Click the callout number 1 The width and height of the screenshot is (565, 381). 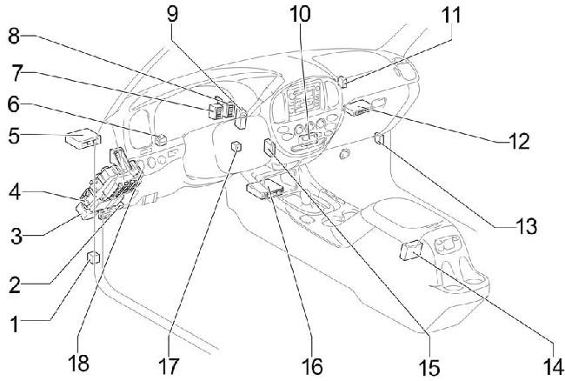(14, 324)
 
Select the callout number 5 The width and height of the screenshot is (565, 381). (14, 137)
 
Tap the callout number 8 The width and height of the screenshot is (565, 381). (14, 37)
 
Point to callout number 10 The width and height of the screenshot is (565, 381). (300, 15)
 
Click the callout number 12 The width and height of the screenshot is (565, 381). (519, 141)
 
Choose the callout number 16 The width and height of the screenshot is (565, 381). (312, 367)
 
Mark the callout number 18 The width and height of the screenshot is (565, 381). (78, 363)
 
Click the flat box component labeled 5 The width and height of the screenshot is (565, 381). (83, 138)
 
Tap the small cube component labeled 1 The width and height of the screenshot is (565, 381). (94, 257)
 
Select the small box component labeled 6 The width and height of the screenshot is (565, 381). (161, 139)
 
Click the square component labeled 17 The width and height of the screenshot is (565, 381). (236, 147)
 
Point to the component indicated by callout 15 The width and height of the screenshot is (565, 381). (269, 147)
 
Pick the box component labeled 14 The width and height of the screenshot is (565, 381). (411, 251)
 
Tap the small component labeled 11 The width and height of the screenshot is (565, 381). (343, 82)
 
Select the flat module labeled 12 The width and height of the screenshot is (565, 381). (357, 108)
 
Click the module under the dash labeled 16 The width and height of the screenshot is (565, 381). (267, 189)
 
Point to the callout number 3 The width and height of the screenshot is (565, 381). (17, 237)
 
